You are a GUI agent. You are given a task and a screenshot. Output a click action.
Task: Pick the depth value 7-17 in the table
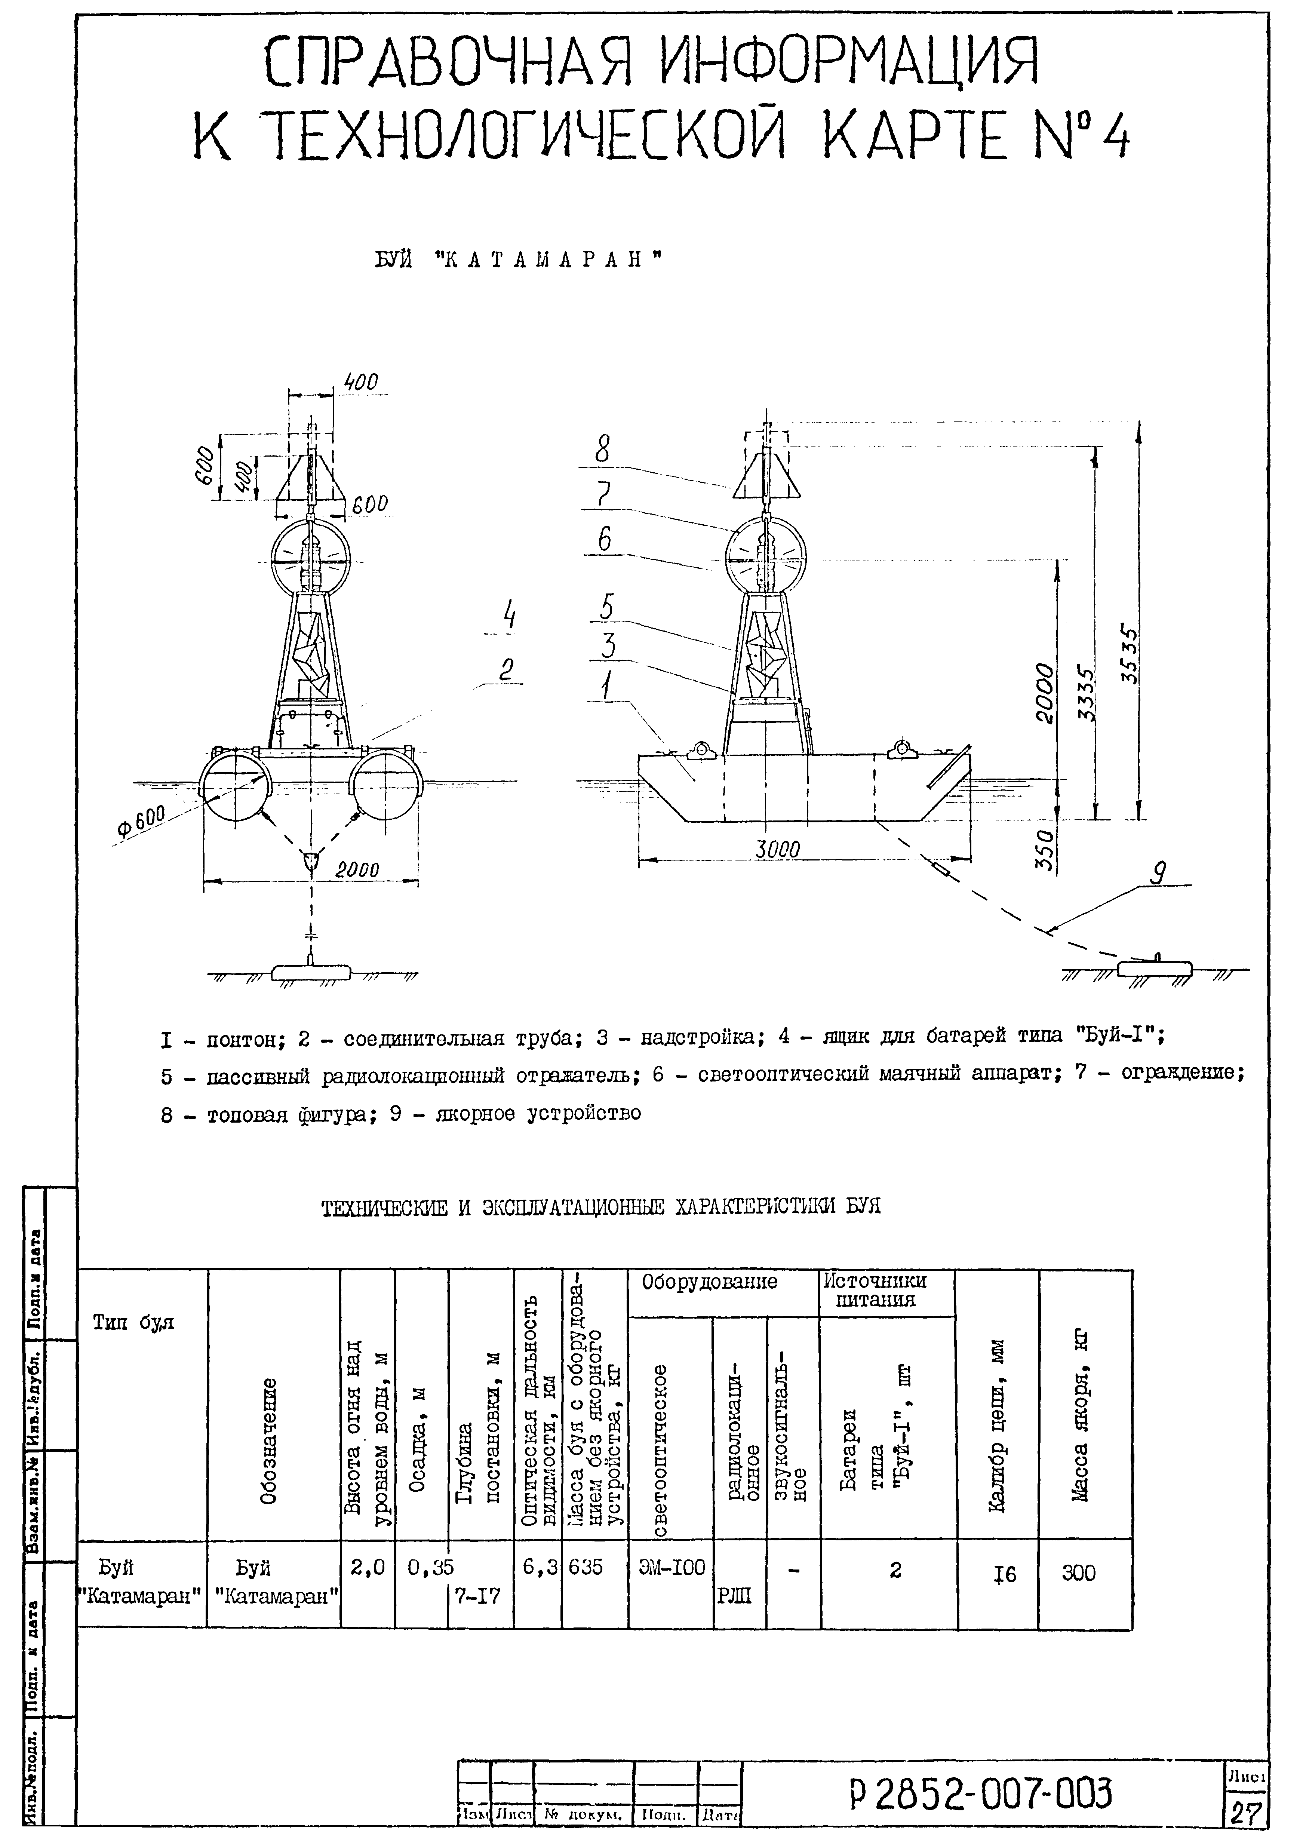click(478, 1596)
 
